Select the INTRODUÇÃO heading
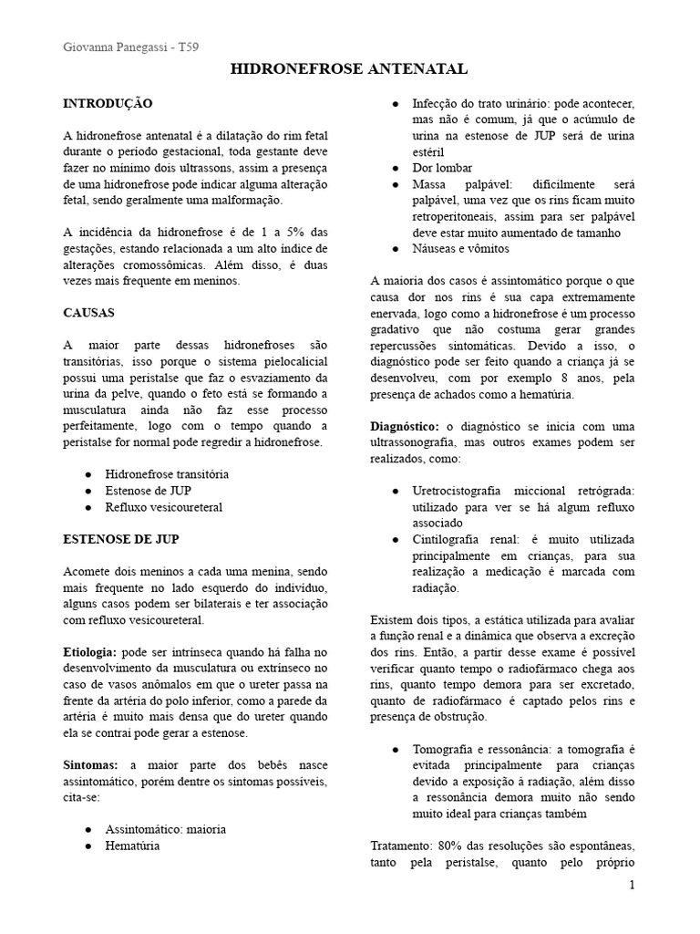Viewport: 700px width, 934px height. coord(108,104)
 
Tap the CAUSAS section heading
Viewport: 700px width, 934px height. coord(88,313)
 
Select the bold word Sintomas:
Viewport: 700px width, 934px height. coord(93,766)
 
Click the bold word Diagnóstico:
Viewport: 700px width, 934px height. coord(406,426)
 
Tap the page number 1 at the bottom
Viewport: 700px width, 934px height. coord(633,887)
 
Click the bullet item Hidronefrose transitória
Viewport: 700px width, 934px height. coord(167,474)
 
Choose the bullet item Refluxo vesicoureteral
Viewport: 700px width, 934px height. coord(164,506)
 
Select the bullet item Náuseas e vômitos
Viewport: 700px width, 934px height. coord(461,248)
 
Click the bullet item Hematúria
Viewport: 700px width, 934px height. coord(132,846)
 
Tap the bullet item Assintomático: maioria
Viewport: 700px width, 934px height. coord(166,829)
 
